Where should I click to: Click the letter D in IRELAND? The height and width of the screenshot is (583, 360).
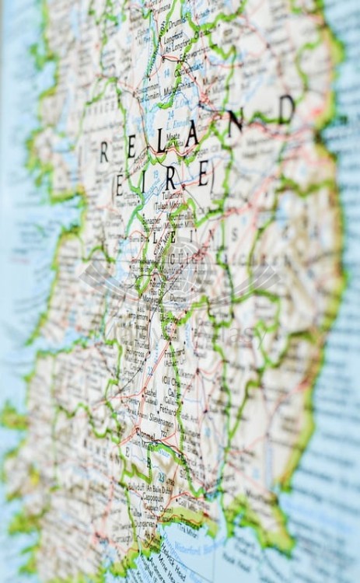pos(286,110)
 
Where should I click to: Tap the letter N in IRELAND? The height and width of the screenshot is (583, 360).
pos(235,122)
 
